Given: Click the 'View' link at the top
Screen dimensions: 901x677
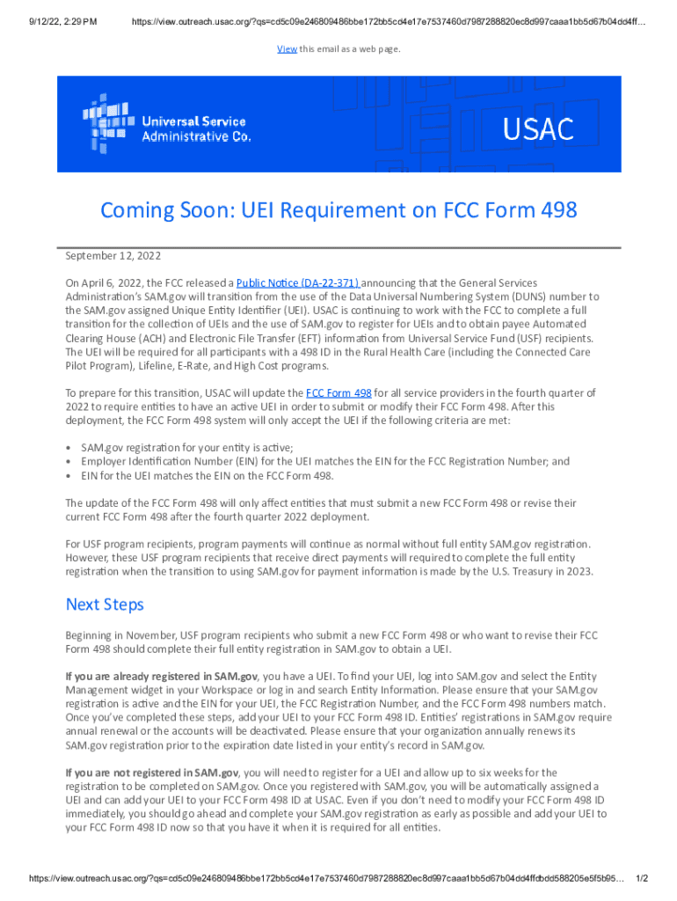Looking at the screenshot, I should [x=286, y=49].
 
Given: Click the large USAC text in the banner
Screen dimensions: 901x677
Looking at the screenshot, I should [x=538, y=129].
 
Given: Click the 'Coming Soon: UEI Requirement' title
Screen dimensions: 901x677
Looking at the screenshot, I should [x=338, y=210].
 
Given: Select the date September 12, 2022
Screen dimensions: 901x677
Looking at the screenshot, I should [x=113, y=256].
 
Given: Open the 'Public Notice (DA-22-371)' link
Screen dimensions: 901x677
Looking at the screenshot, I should [x=298, y=283].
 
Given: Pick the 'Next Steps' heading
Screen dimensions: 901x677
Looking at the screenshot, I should [x=105, y=605].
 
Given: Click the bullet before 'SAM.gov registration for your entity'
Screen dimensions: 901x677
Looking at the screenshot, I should [x=69, y=448].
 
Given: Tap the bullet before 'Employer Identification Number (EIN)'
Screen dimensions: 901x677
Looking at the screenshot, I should [x=69, y=462].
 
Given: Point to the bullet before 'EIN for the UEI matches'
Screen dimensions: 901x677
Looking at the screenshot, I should [x=69, y=476].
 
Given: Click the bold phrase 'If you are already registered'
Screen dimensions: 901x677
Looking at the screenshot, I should [x=161, y=676].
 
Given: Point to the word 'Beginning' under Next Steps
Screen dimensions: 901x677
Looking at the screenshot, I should [x=90, y=635].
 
